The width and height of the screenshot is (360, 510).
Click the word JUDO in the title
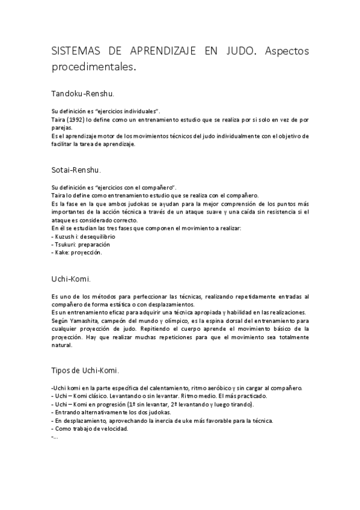click(x=239, y=52)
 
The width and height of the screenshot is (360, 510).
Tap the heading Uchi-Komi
click(x=72, y=279)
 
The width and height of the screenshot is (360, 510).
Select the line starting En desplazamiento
click(x=162, y=420)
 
